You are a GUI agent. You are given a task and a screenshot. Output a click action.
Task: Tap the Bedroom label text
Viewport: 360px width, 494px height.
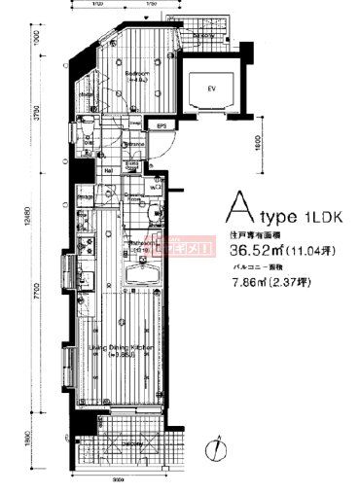click(137, 73)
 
